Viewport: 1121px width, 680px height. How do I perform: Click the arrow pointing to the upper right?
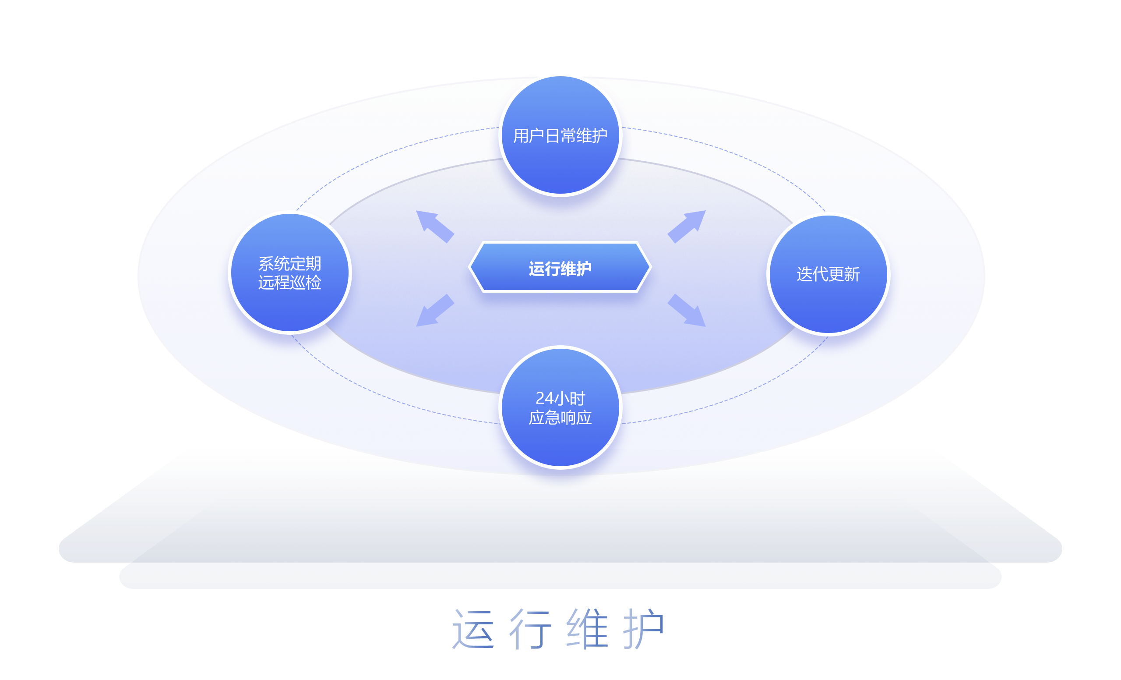[x=687, y=226]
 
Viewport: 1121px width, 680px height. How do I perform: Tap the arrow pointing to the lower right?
[x=687, y=311]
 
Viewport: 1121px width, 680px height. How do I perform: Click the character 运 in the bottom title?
[x=473, y=629]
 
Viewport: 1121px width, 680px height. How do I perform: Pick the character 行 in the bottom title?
[x=530, y=629]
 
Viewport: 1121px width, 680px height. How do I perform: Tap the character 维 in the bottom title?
[x=587, y=629]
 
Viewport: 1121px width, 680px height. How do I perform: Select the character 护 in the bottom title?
[x=644, y=629]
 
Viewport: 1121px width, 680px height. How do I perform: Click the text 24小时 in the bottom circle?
[x=560, y=398]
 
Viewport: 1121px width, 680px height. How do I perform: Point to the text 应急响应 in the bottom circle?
[x=560, y=418]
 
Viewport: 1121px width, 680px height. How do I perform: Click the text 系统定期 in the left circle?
[x=290, y=263]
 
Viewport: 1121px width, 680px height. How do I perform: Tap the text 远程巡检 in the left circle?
[x=290, y=283]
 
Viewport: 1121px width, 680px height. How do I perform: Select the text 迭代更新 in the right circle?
[x=828, y=274]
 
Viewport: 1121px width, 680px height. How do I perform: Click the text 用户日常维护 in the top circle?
[x=560, y=136]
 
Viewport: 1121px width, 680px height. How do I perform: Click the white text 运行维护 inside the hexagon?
[x=560, y=269]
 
